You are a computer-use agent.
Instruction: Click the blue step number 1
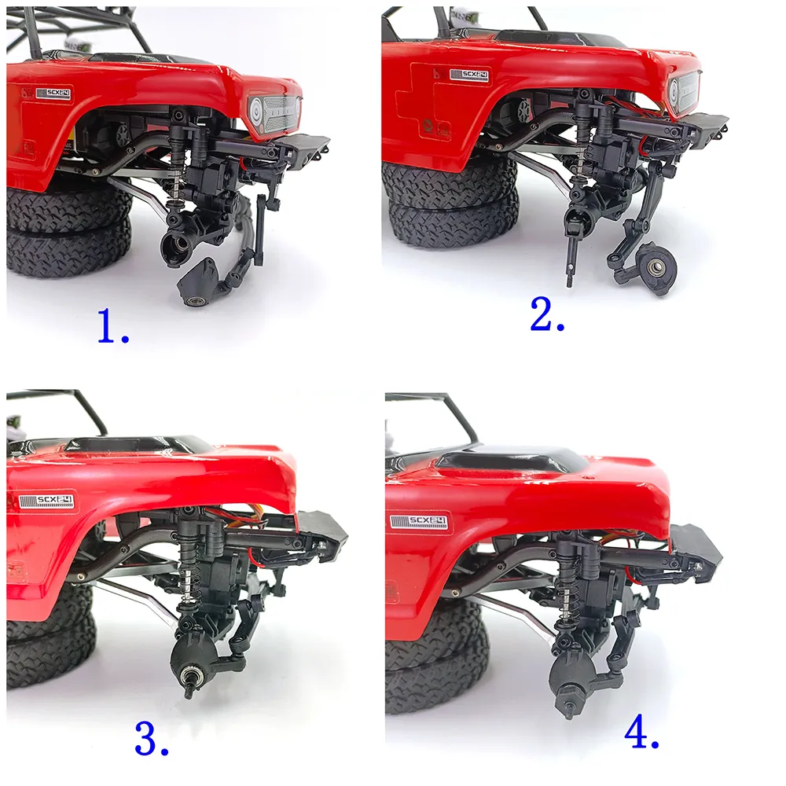coord(113,326)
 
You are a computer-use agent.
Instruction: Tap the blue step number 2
coord(547,314)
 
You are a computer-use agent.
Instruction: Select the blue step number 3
coord(152,738)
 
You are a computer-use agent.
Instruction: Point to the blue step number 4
coord(641,733)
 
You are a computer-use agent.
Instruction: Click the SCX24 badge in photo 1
coord(53,94)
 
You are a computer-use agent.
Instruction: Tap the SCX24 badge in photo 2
coord(469,75)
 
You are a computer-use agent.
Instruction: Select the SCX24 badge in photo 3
coord(46,500)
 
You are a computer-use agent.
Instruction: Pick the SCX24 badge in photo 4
coord(419,521)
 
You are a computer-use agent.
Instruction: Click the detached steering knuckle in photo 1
coord(199,281)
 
